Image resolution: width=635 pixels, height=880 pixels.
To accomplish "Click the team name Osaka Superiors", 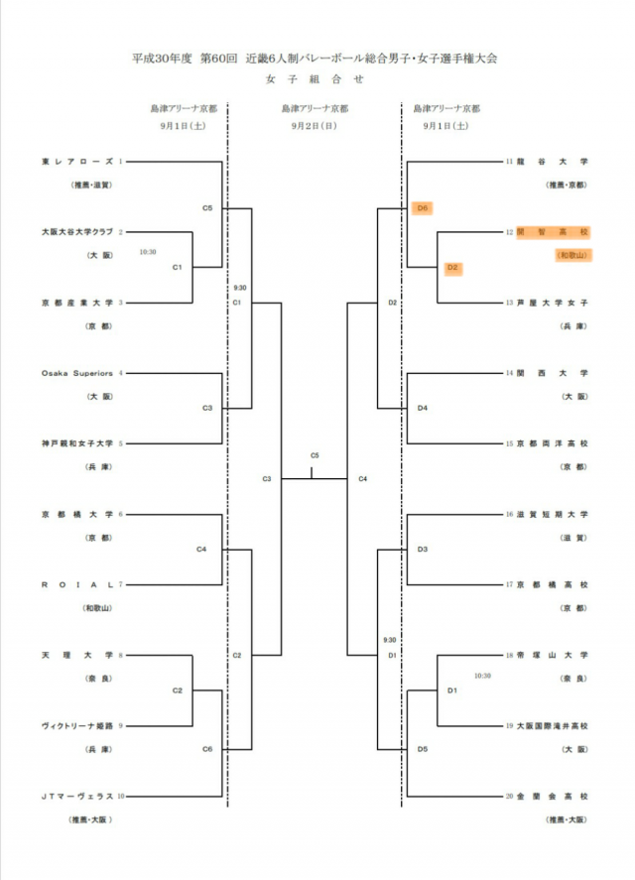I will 77,373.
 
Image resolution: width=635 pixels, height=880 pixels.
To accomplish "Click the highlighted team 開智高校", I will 553,231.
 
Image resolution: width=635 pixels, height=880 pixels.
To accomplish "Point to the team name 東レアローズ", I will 77,161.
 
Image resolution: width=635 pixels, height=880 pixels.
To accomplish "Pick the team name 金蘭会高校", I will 553,796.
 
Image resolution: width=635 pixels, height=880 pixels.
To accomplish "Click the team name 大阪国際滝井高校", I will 553,725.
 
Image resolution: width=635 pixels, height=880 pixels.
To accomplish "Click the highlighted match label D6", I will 422,208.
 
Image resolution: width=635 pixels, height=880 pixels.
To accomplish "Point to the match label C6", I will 207,748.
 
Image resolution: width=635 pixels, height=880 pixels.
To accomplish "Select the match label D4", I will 422,408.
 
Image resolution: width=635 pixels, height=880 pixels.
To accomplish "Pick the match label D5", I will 422,748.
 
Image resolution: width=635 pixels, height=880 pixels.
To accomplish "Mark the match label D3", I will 422,549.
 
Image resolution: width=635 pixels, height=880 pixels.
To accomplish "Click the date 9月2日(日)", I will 315,126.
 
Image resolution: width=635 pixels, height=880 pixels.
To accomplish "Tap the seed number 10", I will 121,796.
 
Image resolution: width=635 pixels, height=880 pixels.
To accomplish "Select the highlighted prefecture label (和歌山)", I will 571,255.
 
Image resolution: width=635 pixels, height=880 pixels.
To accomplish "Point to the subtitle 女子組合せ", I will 315,78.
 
